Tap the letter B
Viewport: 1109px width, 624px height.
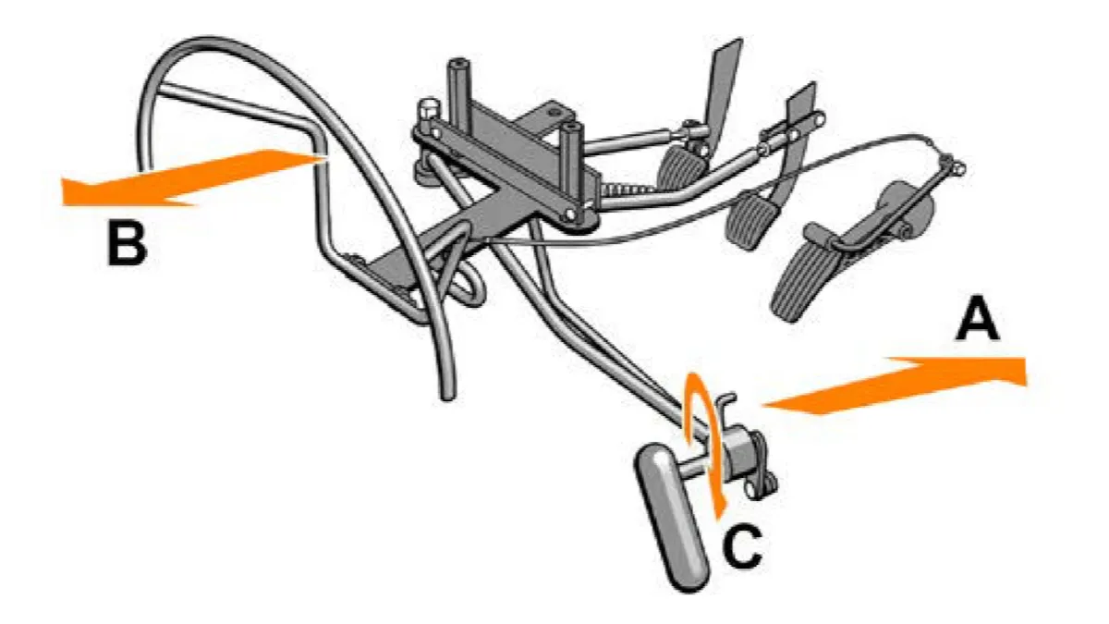pyautogui.click(x=128, y=245)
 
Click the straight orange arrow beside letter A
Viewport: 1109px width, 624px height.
pyautogui.click(x=895, y=385)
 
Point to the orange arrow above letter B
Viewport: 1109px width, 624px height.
pyautogui.click(x=193, y=177)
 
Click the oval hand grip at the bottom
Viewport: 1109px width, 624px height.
pyautogui.click(x=672, y=517)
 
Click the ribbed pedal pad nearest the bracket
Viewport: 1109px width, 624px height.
pyautogui.click(x=681, y=166)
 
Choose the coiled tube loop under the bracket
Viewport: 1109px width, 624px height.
pyautogui.click(x=462, y=282)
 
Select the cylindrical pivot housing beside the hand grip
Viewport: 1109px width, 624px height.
pyautogui.click(x=740, y=452)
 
